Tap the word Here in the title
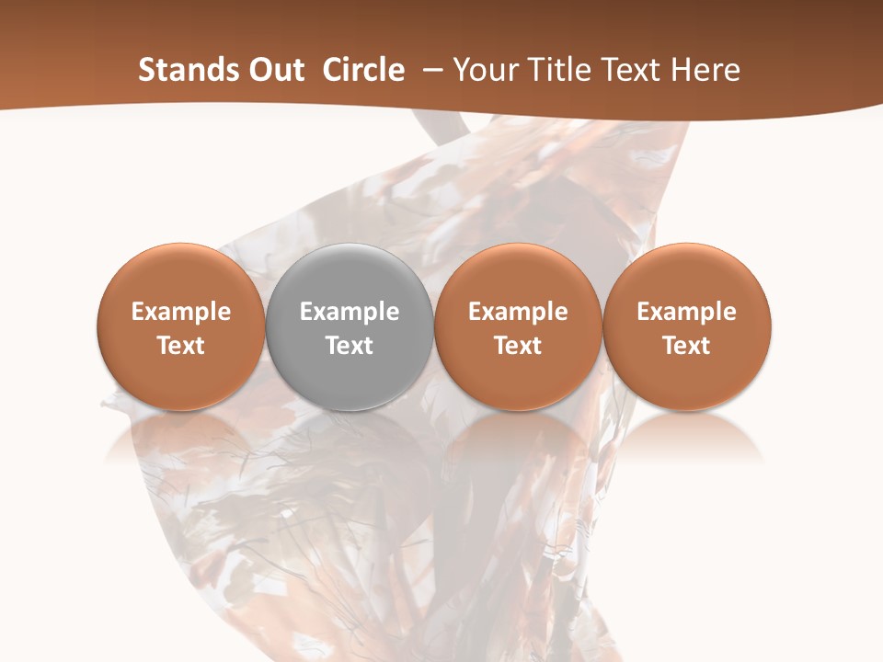(x=705, y=70)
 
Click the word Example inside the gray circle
(x=350, y=312)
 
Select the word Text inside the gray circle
(x=350, y=346)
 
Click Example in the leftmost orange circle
(x=181, y=312)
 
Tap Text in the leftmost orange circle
(x=181, y=346)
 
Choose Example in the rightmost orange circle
(x=687, y=312)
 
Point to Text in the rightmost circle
(x=687, y=346)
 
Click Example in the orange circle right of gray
(x=518, y=312)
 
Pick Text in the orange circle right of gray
(x=518, y=346)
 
